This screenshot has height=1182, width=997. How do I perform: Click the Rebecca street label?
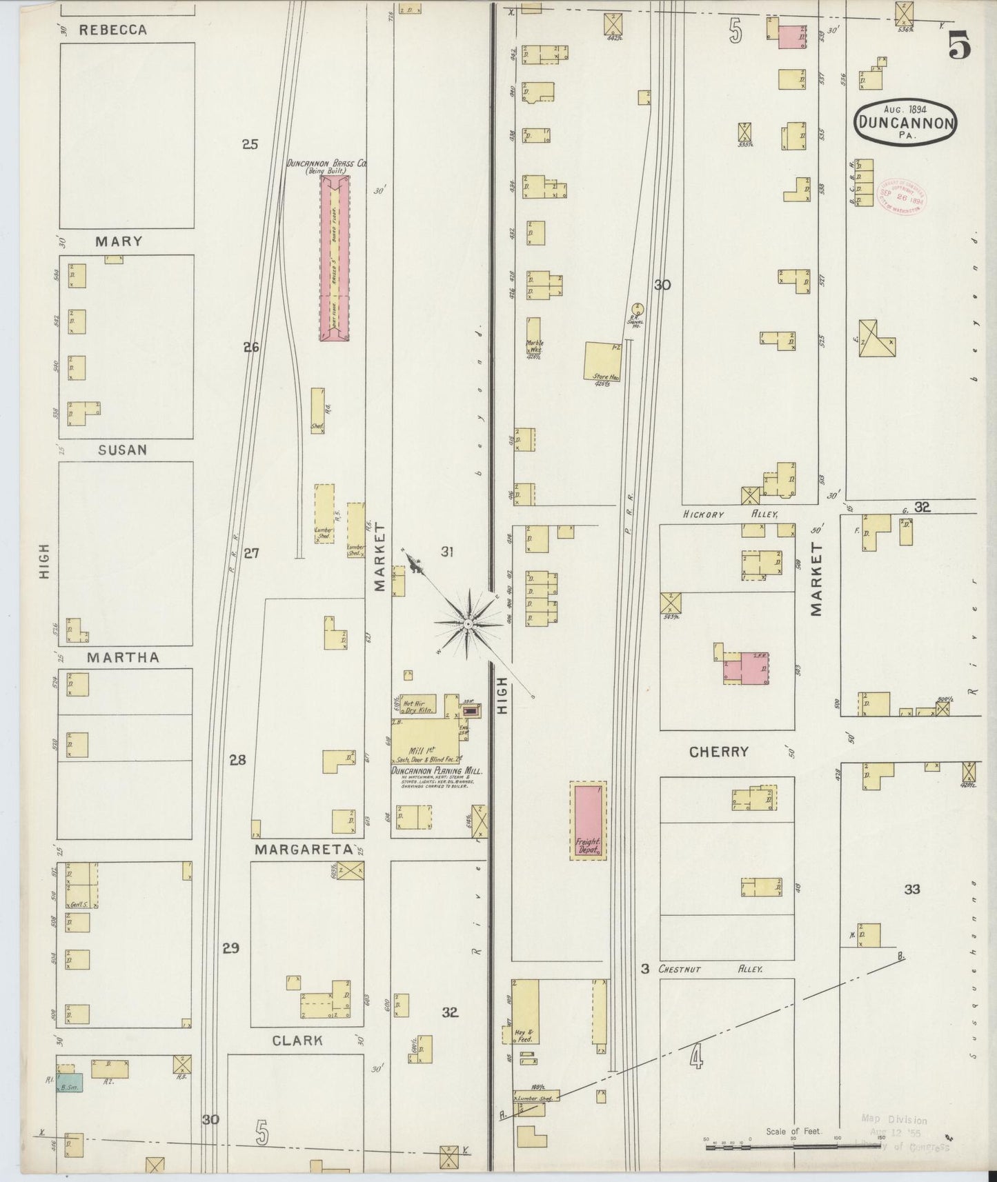(x=113, y=30)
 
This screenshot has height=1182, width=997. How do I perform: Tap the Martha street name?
(x=123, y=658)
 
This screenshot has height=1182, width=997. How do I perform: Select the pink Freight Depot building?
(x=588, y=821)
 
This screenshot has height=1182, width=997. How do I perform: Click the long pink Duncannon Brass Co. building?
(x=335, y=257)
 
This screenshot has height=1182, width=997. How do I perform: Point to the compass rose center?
(x=468, y=623)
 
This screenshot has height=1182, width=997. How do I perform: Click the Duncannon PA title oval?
(x=905, y=122)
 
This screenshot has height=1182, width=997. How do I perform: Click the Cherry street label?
(x=719, y=752)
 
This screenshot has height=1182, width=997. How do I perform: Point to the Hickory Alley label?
(x=731, y=514)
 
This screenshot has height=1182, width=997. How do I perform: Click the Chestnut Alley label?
(x=710, y=969)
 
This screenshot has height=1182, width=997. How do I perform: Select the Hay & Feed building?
(x=526, y=1010)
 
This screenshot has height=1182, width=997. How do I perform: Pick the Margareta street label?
(x=305, y=850)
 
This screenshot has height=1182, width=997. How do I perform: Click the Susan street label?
(x=122, y=450)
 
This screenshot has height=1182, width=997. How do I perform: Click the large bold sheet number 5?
(x=959, y=46)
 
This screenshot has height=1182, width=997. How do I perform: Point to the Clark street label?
(x=297, y=1041)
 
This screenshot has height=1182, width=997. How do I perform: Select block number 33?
(x=912, y=890)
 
